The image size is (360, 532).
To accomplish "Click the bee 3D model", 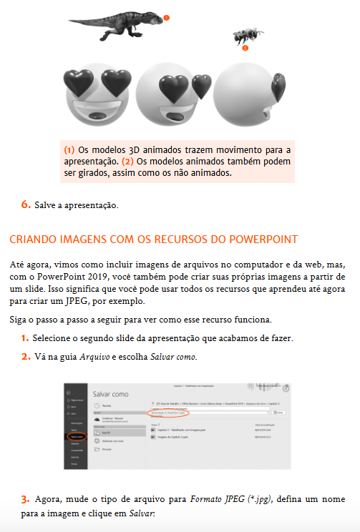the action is coord(241,36).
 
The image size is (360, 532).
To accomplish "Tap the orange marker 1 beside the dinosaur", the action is coord(166,16).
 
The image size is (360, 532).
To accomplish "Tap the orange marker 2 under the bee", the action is coord(244,49).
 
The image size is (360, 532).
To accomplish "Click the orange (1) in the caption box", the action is coord(69,150).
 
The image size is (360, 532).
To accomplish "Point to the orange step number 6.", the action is coord(25,205).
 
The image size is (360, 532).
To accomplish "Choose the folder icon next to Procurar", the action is coord(97,451).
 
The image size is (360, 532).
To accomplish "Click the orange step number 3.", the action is coord(25,498).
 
